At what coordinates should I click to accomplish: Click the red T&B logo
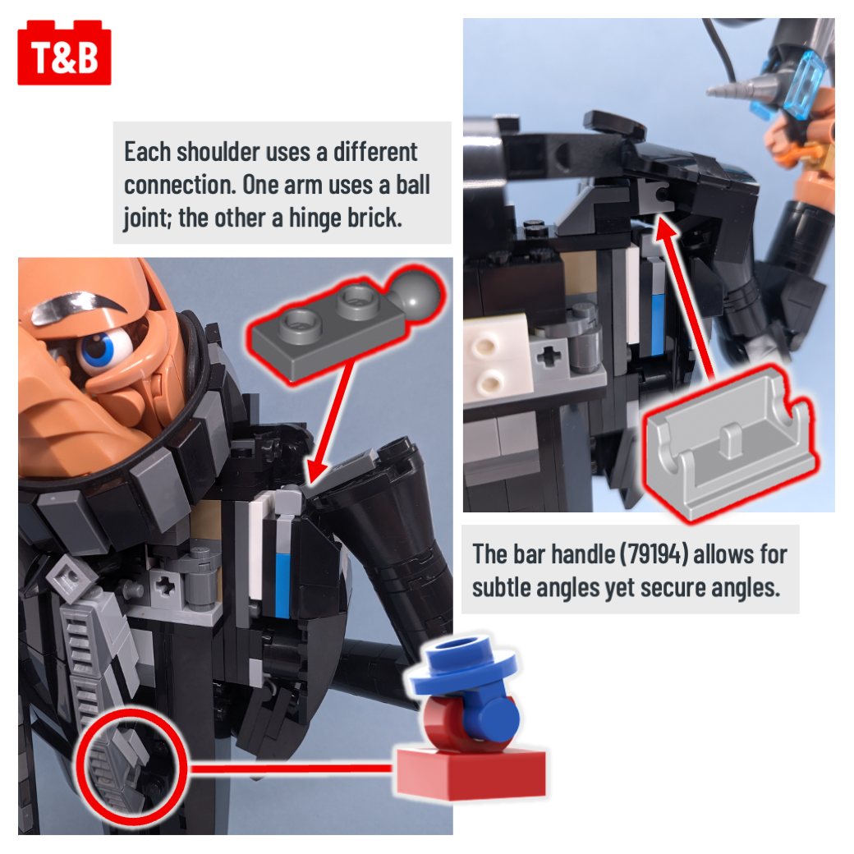tap(64, 53)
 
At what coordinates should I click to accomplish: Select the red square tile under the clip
tap(471, 773)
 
